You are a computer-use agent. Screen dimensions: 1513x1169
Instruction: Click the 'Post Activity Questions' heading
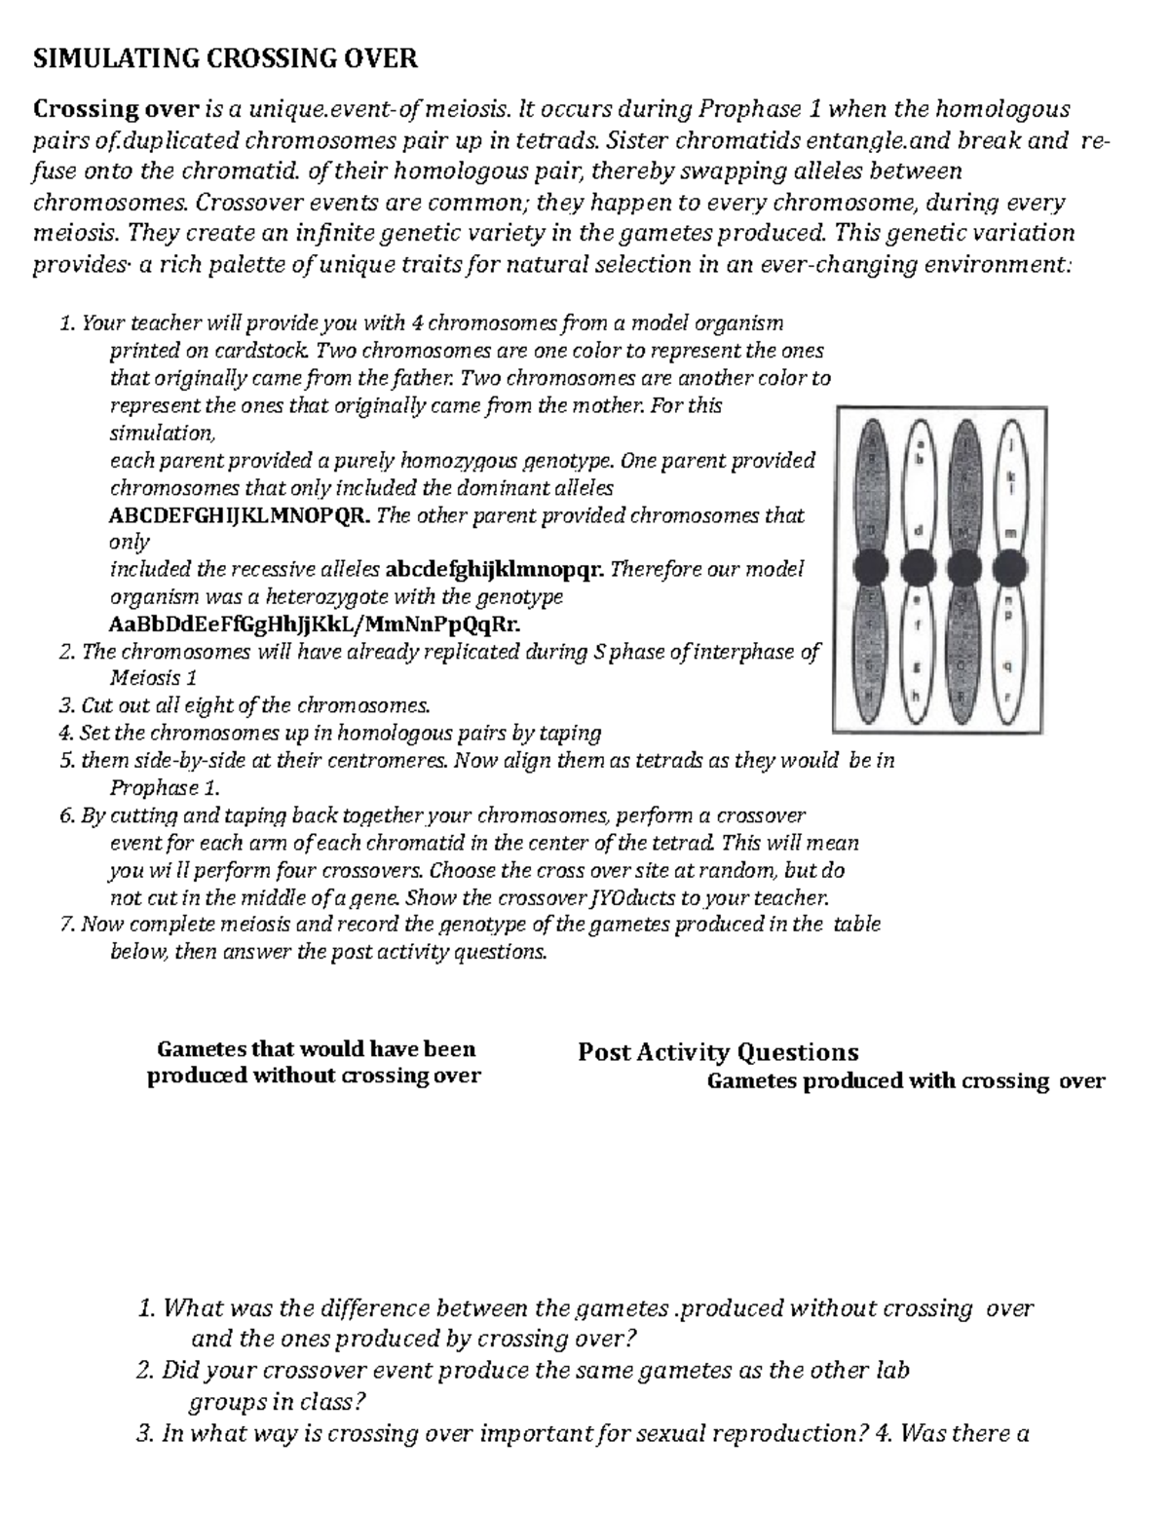coord(718,1052)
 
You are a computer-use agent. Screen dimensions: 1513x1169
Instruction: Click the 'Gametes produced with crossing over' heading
coord(905,1080)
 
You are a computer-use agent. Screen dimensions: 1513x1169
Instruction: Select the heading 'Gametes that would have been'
coord(316,1049)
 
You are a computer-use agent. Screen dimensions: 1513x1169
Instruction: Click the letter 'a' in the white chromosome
coord(917,443)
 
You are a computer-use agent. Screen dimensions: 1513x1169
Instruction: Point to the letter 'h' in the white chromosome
coord(916,696)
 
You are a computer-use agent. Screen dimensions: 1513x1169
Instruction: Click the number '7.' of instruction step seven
coord(67,925)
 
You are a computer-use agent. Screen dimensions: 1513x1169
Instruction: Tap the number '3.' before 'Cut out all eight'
coord(67,705)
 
